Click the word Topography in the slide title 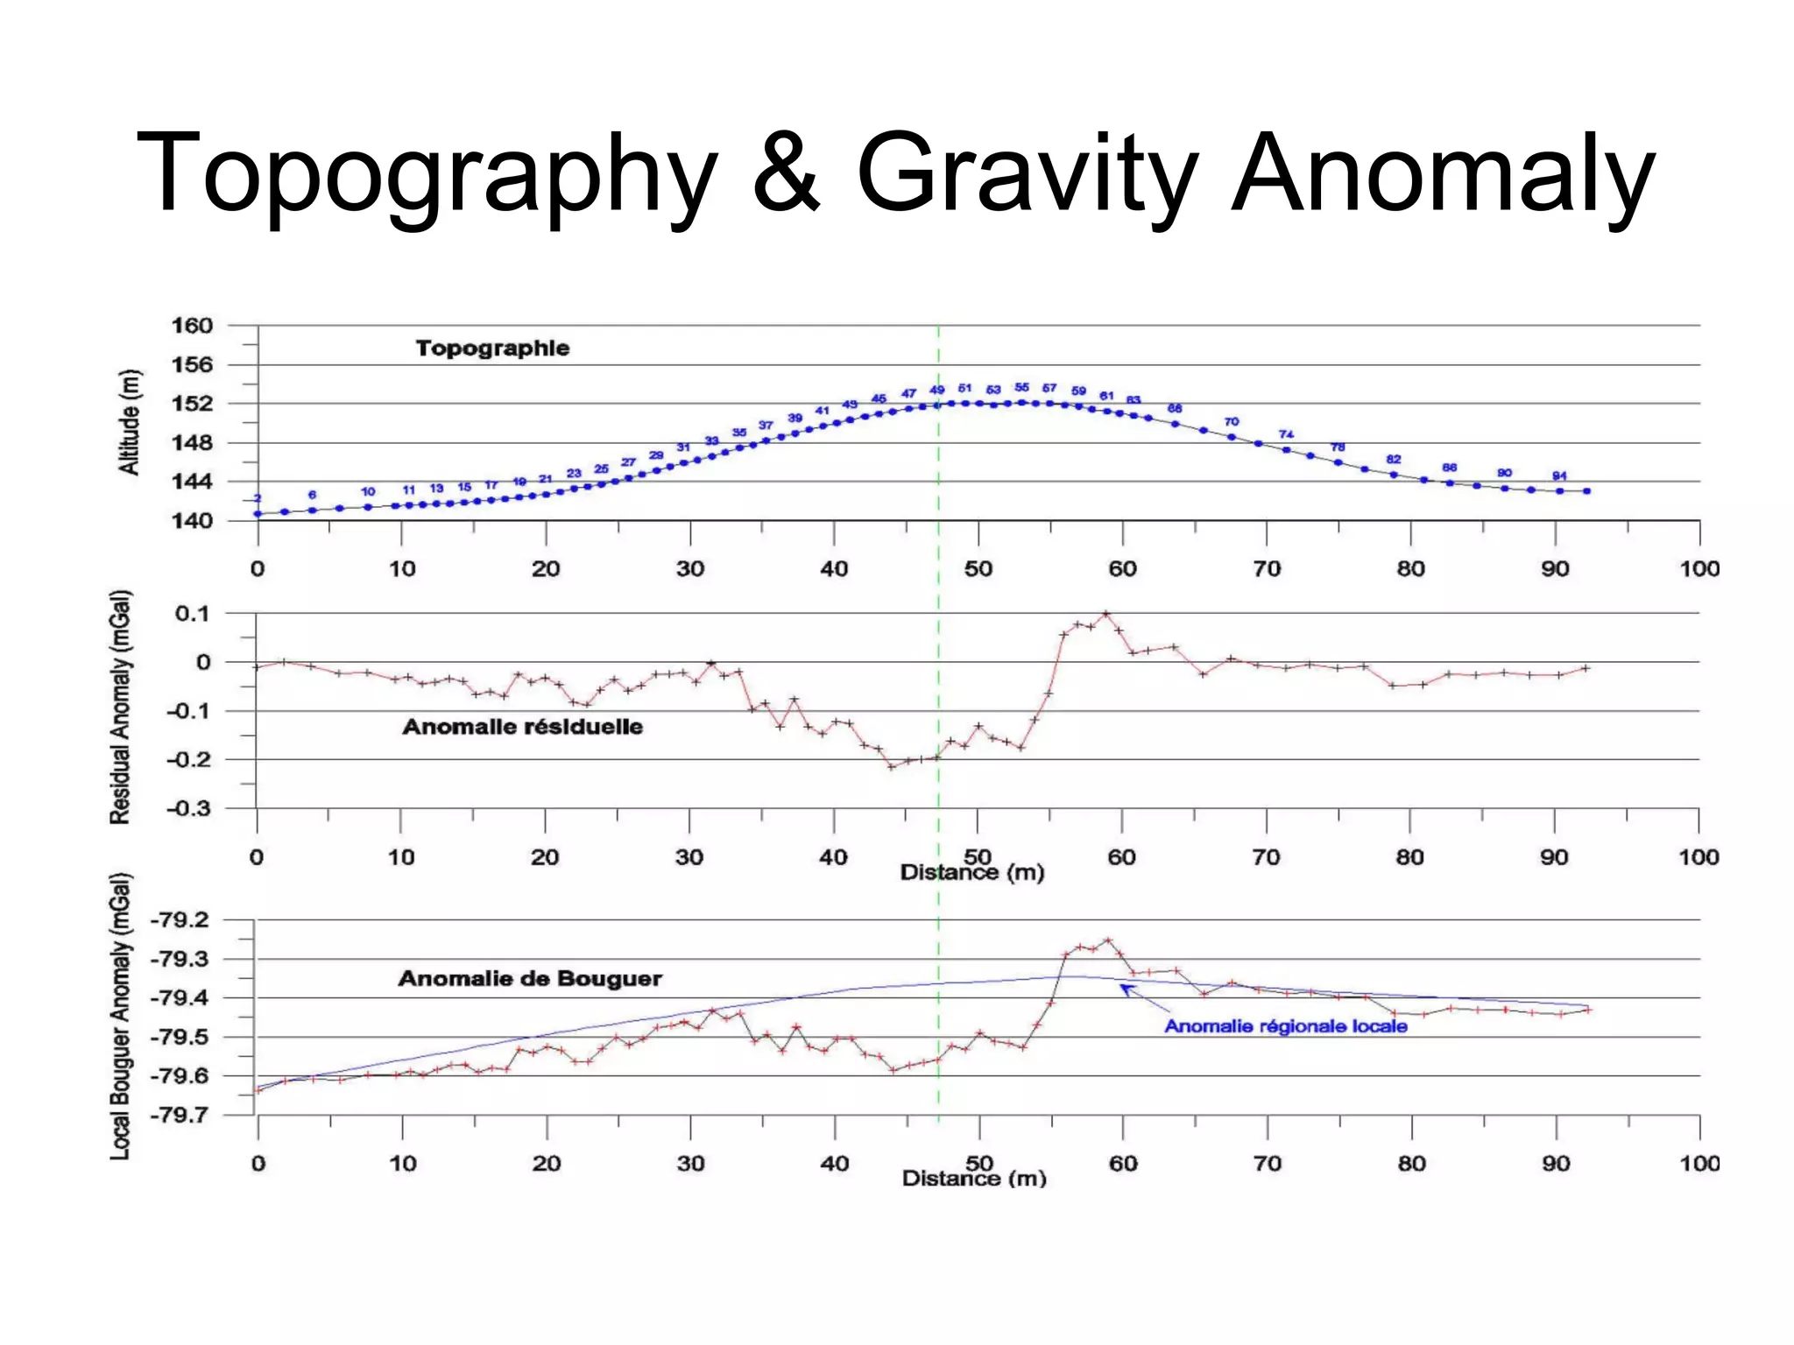[427, 173]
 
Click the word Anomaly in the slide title [1443, 173]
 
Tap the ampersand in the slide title [786, 173]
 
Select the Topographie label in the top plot [492, 349]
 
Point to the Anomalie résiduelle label [522, 727]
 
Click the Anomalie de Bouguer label [530, 978]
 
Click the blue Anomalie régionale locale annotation [1285, 1026]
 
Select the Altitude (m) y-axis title [130, 422]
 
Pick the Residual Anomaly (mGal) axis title [120, 707]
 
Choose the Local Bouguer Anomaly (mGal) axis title [120, 1016]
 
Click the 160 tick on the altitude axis [192, 326]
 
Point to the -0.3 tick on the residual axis [188, 808]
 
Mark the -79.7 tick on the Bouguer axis [180, 1115]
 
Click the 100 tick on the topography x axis [1699, 569]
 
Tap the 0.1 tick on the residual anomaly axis [192, 613]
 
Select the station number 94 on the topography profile [1559, 476]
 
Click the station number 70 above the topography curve [1232, 422]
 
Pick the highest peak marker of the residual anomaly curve [1106, 614]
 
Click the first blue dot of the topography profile [258, 514]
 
